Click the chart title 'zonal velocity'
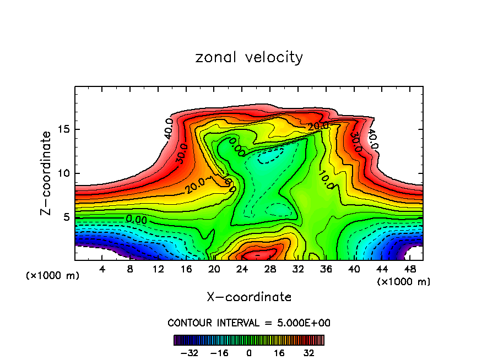249,57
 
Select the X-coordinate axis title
249,297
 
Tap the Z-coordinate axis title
46,173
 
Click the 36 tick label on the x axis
326,269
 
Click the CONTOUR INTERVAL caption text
249,323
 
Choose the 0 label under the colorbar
249,352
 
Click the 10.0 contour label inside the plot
325,179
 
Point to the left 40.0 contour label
170,128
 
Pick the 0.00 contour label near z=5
136,219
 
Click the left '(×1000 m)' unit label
53,276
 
